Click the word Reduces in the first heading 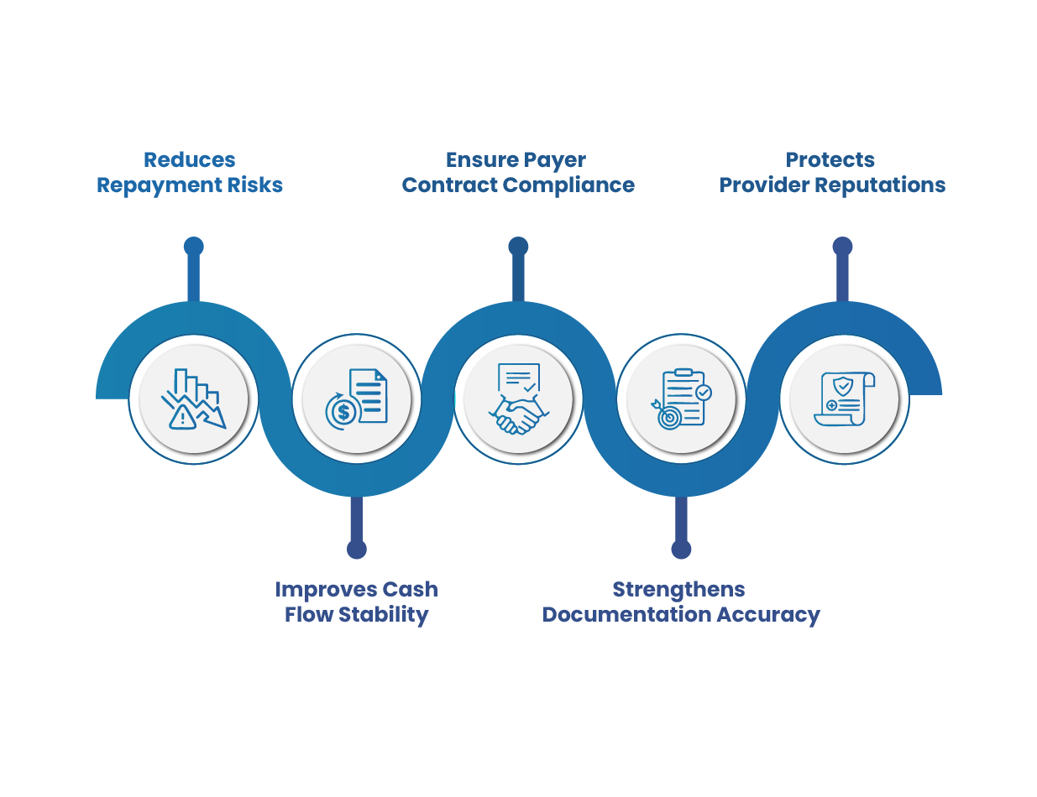coord(189,159)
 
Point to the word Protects coord(830,159)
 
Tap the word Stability coord(384,615)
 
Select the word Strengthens coord(678,589)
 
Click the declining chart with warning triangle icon coord(194,398)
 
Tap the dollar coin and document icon coord(357,398)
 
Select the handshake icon coord(518,398)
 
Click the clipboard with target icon coord(681,398)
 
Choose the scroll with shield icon coord(843,398)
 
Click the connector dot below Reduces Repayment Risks coord(194,246)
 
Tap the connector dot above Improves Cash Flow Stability coord(357,549)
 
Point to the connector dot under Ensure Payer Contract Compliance coord(518,246)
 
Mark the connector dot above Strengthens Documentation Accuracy coord(681,549)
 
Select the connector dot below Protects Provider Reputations coord(842,246)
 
